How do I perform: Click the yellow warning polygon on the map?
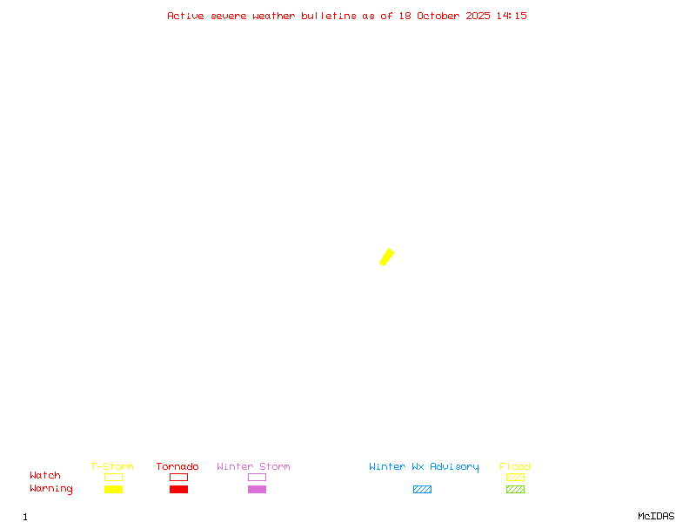click(x=387, y=257)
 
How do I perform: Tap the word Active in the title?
click(x=185, y=16)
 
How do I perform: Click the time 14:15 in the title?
click(x=512, y=16)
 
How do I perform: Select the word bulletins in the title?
click(x=329, y=16)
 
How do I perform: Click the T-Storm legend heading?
click(x=112, y=466)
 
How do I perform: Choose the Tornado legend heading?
click(x=177, y=466)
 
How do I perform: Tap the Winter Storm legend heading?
click(x=253, y=466)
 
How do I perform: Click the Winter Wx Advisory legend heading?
click(x=424, y=466)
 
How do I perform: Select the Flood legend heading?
click(x=515, y=466)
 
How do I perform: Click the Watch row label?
click(x=45, y=476)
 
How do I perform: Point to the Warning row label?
click(x=51, y=489)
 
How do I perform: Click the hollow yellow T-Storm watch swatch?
click(x=113, y=477)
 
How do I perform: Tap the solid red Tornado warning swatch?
click(x=178, y=489)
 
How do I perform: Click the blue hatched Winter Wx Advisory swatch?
click(x=422, y=489)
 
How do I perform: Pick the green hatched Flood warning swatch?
click(x=515, y=489)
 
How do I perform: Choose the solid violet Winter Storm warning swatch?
click(x=257, y=489)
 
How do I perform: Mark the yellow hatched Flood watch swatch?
click(x=515, y=477)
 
